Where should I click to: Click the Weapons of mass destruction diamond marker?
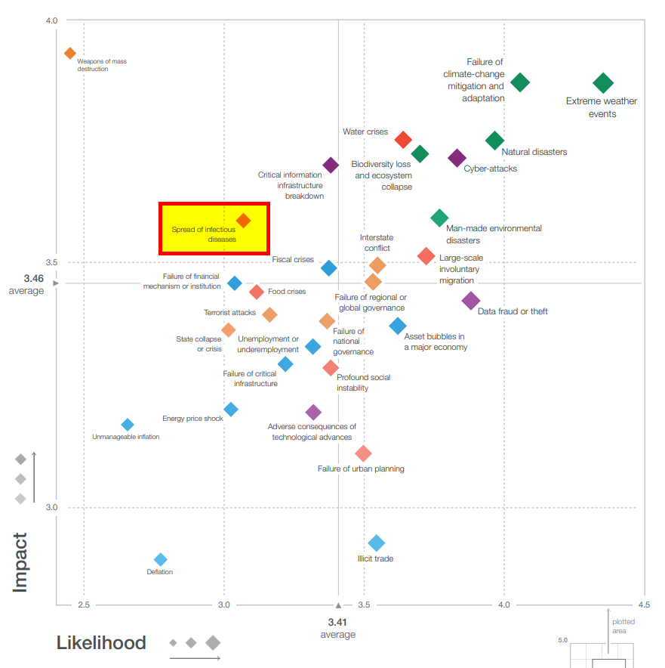pos(70,53)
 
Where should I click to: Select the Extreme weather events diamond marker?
pos(602,83)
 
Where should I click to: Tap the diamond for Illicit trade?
pos(377,543)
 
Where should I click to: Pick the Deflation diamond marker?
pos(160,559)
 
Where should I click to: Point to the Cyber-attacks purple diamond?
pos(457,158)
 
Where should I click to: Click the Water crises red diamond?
pos(403,140)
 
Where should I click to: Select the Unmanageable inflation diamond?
pos(128,425)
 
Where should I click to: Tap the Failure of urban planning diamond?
pos(363,453)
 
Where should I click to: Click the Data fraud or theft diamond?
pos(470,301)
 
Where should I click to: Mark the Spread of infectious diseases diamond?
pos(243,221)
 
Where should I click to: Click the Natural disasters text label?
pos(534,152)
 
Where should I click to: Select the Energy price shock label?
pos(192,419)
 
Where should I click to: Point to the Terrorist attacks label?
pos(229,312)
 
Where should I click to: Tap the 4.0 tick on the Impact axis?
pos(51,20)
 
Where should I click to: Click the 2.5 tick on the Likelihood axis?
pos(84,605)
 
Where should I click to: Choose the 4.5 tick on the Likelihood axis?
pos(644,605)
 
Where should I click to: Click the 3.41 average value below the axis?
pos(337,621)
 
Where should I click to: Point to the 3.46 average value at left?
pos(33,279)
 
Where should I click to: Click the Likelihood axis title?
pos(101,643)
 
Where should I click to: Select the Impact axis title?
pos(21,562)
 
